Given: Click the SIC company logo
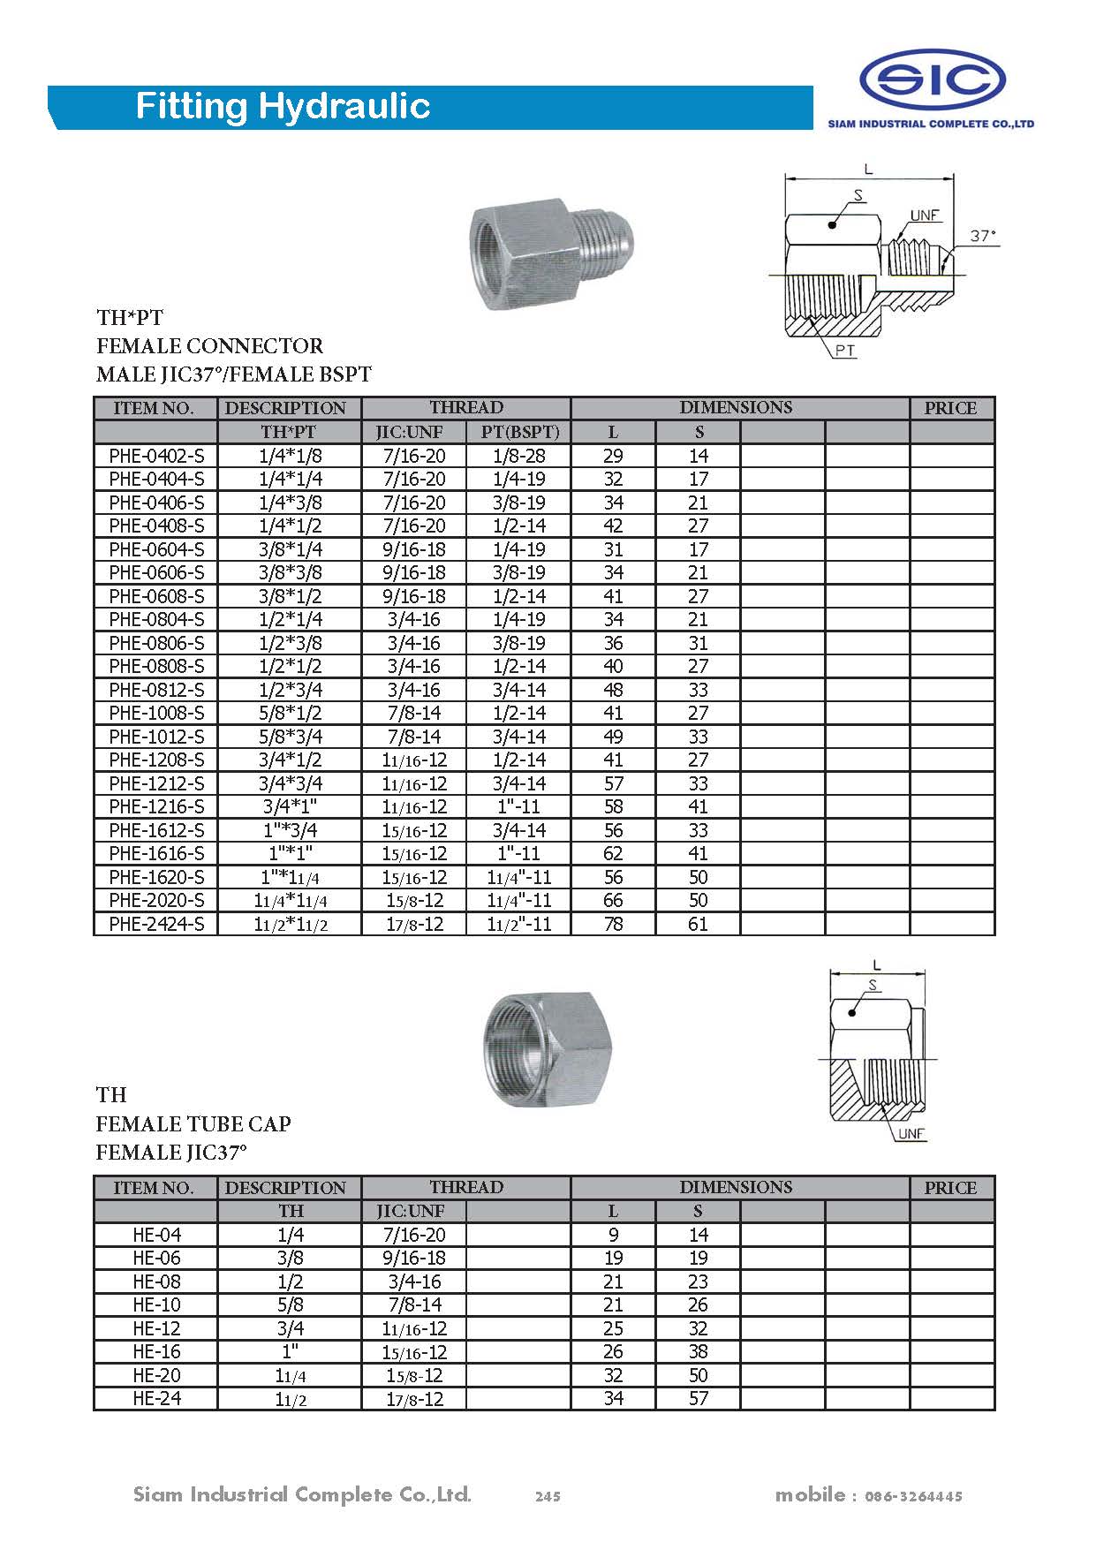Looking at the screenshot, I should pos(932,79).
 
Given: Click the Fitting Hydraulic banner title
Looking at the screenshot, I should pos(283,107).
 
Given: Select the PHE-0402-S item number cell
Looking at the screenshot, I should pos(156,456).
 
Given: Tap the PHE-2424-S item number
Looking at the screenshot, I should pos(156,924).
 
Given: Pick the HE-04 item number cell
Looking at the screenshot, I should pos(156,1235).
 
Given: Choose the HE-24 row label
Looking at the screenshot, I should pos(156,1398).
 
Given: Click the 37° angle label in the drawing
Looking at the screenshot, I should pos(983,236).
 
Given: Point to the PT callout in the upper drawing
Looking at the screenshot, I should pos(844,351).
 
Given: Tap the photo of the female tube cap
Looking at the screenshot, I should pos(548,1047).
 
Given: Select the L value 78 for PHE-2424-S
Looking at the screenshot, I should pos(613,924).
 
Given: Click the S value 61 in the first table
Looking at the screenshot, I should pos(698,924).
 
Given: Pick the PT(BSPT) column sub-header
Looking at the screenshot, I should pos(519,432).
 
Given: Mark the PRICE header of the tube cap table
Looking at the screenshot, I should pos(950,1188).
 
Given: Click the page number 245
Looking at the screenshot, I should pos(548,1496).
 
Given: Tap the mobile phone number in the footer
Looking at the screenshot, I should pos(913,1496).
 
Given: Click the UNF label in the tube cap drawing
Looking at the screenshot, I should pos(911,1134).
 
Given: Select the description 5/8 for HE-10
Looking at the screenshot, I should pos(290,1304).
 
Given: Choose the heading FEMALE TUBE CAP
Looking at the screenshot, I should pos(193,1123).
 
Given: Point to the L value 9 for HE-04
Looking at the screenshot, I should pos(613,1235).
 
